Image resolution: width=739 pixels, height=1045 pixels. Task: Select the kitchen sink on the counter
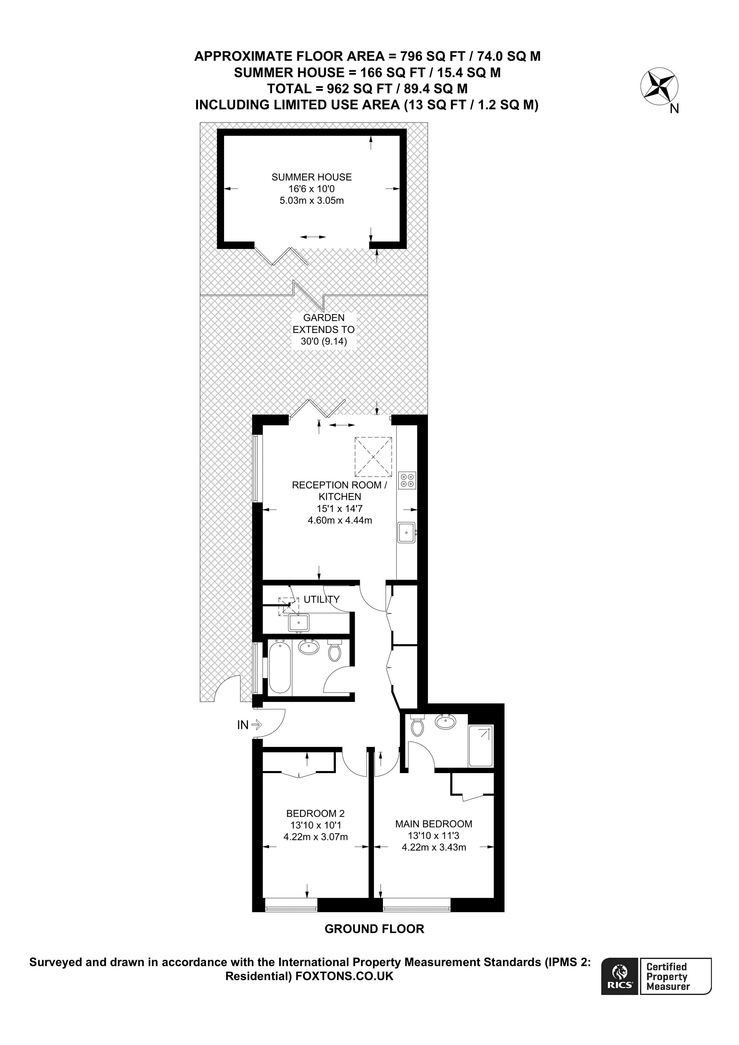point(406,532)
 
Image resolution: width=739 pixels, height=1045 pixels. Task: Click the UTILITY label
point(321,600)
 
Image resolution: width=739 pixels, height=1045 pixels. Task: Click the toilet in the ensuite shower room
point(417,726)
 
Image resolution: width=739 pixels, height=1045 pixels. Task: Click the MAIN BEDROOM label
point(433,824)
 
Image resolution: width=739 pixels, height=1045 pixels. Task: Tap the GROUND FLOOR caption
point(374,929)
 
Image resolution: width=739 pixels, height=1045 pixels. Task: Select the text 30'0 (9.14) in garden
point(324,341)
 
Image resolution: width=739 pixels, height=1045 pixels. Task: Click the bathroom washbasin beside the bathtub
point(308,648)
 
